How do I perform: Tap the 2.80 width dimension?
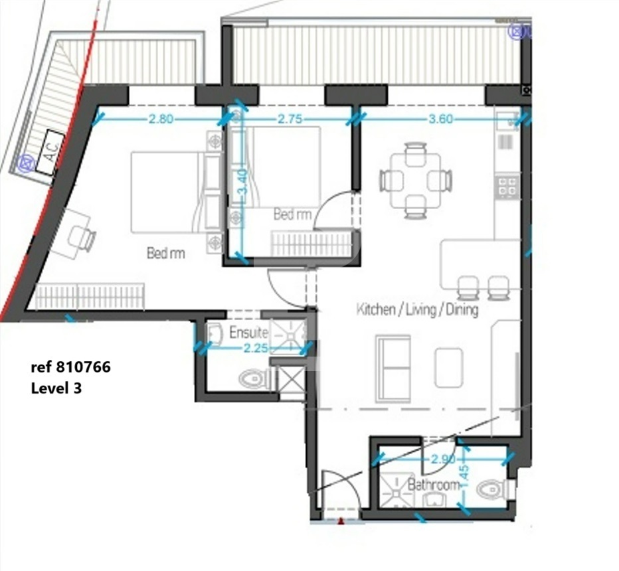tap(161, 118)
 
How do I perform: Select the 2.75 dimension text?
tap(290, 118)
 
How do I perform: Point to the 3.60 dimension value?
tap(440, 118)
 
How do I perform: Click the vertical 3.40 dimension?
tap(243, 182)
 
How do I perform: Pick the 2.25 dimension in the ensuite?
tap(256, 349)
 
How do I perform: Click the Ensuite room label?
tap(248, 333)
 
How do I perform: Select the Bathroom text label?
tap(434, 484)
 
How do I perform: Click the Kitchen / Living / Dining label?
tap(417, 310)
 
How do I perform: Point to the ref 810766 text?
tap(70, 367)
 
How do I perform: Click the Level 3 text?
tap(56, 388)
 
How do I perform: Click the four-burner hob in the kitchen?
tap(507, 187)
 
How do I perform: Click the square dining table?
tap(416, 181)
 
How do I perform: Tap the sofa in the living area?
tap(393, 368)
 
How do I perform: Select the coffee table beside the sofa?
tap(449, 368)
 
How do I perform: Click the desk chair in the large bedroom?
tap(83, 239)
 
